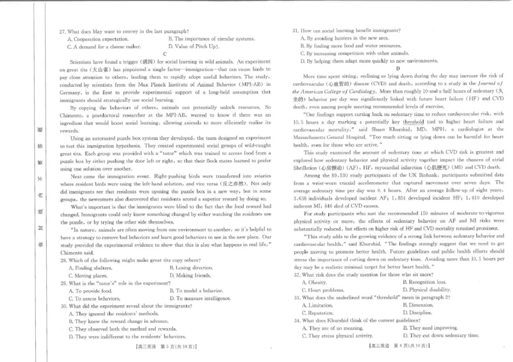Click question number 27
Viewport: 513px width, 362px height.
coord(62,31)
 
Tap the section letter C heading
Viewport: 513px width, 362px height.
coord(165,54)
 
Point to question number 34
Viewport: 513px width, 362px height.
coord(296,320)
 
